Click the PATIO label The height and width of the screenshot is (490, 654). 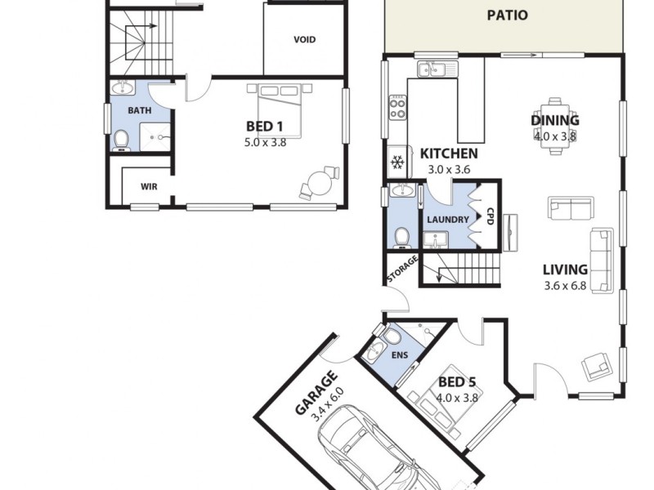(x=507, y=15)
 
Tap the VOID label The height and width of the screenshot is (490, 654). (x=304, y=40)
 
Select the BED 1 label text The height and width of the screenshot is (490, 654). (x=264, y=127)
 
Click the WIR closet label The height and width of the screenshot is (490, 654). (x=149, y=187)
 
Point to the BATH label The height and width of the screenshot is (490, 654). (x=139, y=109)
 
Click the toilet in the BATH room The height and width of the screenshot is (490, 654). (x=122, y=140)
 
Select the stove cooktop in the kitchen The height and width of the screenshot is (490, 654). (x=397, y=105)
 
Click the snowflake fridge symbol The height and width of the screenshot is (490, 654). (x=398, y=163)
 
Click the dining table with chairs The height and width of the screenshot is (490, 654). (x=557, y=122)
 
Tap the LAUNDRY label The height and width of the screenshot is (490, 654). (x=447, y=220)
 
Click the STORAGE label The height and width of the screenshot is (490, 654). (x=402, y=270)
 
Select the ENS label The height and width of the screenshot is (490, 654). (x=401, y=355)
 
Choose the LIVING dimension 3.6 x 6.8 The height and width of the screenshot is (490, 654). (x=565, y=286)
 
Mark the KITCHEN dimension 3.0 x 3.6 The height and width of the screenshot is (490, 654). (x=449, y=169)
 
